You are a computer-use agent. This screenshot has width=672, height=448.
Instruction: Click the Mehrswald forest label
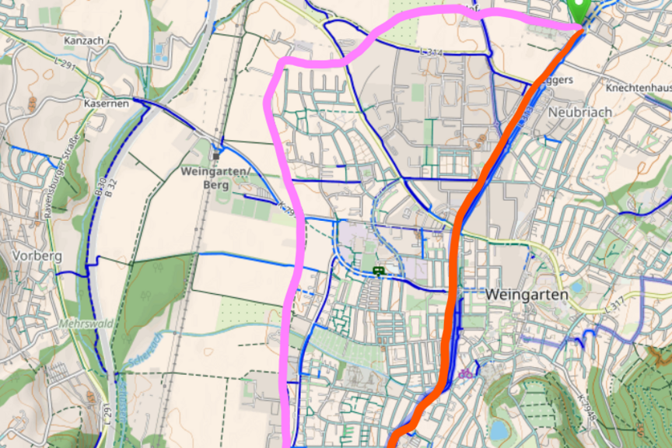[86, 324]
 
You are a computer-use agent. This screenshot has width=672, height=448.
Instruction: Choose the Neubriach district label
[579, 112]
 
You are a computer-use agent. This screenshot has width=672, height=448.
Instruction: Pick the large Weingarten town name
[527, 295]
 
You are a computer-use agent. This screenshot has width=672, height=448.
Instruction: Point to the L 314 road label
[430, 51]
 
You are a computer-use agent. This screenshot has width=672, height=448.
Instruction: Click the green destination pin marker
[579, 10]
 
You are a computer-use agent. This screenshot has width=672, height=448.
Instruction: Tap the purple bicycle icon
[466, 374]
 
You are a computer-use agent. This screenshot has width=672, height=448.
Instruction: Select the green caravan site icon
[379, 271]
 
